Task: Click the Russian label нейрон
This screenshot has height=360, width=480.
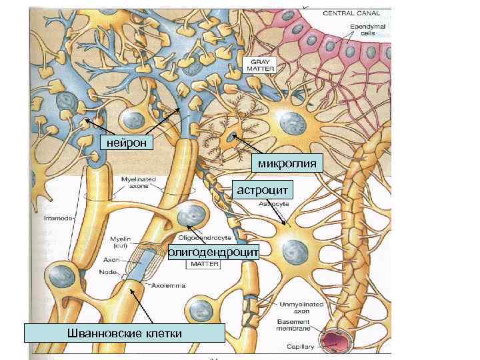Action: tap(127, 141)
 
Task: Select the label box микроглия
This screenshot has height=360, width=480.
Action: tap(288, 163)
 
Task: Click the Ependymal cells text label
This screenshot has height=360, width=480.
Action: tap(364, 29)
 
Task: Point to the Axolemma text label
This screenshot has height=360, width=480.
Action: tap(167, 285)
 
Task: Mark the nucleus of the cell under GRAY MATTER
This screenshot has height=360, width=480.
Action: tap(291, 124)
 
